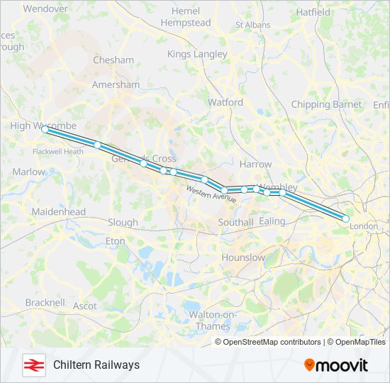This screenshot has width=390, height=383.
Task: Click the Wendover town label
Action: coord(45,9)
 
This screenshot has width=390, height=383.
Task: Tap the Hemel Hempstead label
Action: coord(186,17)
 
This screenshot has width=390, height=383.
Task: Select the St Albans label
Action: coord(252,24)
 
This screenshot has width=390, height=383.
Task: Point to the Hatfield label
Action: coord(313,12)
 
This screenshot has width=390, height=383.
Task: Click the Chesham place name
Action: coord(113,60)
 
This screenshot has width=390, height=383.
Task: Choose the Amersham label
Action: coord(116,84)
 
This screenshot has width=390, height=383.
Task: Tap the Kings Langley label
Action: coord(197,54)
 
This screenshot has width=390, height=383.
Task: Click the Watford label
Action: coord(225,102)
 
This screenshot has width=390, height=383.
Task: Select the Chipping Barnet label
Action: coord(326,104)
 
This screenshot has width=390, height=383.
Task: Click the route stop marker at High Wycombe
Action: coord(45,130)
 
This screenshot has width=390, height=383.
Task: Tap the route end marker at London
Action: coord(345,219)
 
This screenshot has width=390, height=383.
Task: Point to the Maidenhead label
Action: coord(58,211)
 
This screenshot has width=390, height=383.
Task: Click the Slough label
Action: coord(123,222)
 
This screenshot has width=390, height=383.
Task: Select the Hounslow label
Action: coord(243,257)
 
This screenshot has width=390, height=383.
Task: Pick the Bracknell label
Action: coord(45,302)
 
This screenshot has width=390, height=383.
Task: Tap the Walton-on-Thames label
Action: coord(207,321)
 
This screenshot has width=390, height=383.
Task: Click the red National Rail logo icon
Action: coord(33,365)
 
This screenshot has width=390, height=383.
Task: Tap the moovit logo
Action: coord(336,365)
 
